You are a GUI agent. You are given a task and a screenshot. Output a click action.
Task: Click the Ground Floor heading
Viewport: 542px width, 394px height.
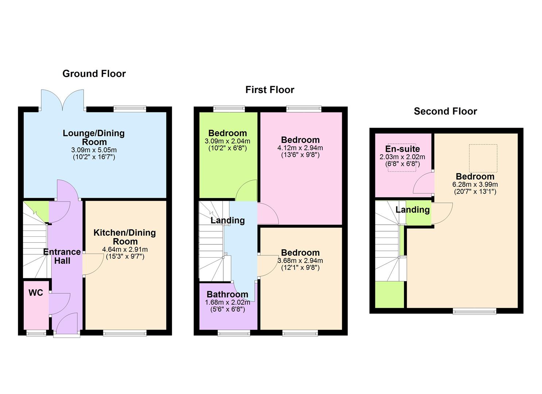94,74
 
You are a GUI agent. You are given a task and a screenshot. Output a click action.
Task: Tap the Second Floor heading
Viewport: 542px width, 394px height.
445,111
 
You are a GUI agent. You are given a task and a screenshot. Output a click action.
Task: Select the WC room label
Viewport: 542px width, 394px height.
36,293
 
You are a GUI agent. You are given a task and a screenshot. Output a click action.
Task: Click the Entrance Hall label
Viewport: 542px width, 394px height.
62,256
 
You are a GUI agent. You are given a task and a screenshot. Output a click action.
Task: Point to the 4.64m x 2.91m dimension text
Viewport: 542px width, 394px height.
125,250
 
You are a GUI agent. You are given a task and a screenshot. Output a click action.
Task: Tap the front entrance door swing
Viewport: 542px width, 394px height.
66,324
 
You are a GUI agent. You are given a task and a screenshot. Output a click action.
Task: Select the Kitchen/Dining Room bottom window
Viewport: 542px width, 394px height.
125,333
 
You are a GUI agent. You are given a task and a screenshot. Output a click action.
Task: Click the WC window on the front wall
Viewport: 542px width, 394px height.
36,333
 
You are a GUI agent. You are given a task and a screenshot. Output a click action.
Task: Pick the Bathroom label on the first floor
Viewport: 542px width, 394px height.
227,294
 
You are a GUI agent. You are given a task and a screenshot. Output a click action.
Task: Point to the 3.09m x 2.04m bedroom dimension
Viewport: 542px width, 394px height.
227,141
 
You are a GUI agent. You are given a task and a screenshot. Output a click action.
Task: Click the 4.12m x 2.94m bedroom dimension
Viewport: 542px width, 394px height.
300,148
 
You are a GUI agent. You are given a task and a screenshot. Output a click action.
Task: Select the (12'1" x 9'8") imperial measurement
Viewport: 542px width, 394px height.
300,267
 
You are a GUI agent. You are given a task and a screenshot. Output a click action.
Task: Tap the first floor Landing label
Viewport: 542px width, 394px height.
227,220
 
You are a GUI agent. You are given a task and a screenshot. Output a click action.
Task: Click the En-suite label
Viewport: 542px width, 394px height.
402,149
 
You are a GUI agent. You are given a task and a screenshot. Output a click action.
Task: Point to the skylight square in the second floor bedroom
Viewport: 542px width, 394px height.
483,158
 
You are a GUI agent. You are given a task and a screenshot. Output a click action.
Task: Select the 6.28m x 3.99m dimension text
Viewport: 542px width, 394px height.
475,185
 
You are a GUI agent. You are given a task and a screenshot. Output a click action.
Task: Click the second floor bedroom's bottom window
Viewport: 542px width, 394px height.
474,311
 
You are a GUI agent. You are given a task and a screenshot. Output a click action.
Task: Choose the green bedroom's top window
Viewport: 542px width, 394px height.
229,109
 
